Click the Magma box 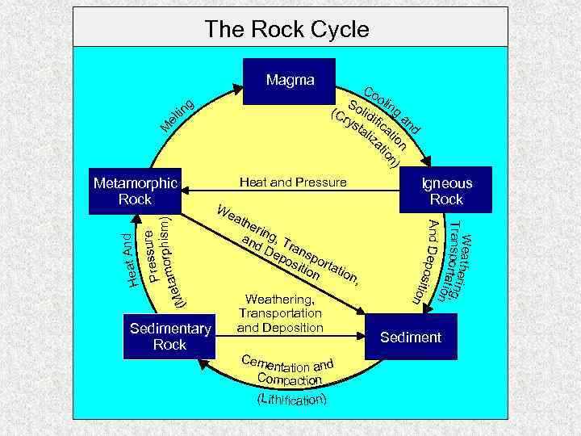tap(289, 82)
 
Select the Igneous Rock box tap(445, 190)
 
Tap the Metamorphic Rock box tap(135, 191)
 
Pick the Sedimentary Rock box tap(169, 337)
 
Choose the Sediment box tap(411, 337)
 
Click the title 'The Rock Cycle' tap(286, 28)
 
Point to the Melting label tap(178, 115)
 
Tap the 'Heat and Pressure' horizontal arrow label tap(293, 182)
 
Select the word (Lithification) tap(292, 400)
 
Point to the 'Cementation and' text tap(287, 364)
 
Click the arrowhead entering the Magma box tap(237, 89)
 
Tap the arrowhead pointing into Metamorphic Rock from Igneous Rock tap(186, 191)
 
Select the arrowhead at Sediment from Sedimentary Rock tap(361, 336)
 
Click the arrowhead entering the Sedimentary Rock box tap(203, 363)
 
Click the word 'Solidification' tap(378, 125)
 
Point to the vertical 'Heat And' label tap(130, 260)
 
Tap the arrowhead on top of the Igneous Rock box tap(426, 161)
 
